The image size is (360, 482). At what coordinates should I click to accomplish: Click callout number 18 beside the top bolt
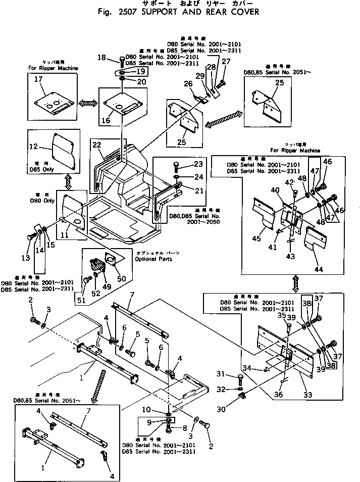point(101,59)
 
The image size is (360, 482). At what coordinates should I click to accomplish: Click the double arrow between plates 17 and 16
point(87,103)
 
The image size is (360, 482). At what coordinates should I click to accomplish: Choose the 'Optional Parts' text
point(153,259)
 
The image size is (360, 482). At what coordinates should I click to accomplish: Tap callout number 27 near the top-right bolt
point(226,62)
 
